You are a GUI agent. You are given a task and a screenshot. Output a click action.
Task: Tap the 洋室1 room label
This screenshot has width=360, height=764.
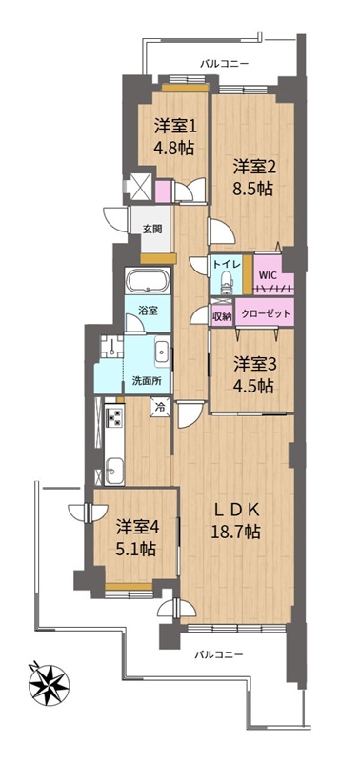coord(176,127)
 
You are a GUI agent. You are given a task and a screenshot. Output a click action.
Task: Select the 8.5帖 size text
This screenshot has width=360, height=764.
coord(251,189)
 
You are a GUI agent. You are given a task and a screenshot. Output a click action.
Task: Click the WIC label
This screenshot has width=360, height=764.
coord(268,273)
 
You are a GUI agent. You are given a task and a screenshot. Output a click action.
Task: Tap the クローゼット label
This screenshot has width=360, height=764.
coord(267,314)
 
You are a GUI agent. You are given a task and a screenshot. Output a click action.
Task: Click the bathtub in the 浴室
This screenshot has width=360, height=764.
coord(148,281)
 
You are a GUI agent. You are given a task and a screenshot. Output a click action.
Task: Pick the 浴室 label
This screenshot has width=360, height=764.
coord(147,311)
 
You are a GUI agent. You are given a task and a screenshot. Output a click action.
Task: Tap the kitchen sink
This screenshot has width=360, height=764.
coord(114,472)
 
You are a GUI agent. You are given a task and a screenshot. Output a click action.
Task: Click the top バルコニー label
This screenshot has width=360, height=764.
coord(224,63)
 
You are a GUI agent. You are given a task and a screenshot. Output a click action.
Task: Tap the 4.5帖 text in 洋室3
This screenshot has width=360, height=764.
coord(252,387)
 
